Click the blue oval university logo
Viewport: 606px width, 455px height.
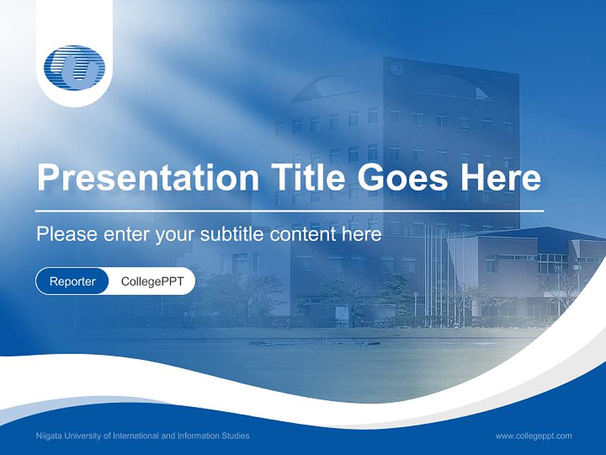(x=74, y=68)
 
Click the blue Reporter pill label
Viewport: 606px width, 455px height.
(x=72, y=281)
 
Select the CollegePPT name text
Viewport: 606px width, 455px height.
(x=152, y=281)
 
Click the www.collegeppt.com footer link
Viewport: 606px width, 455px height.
(x=533, y=435)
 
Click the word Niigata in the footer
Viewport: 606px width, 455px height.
(x=48, y=435)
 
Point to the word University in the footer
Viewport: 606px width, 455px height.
(x=80, y=435)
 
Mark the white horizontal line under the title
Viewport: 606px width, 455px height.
(x=289, y=210)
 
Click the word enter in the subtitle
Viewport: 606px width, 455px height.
(x=124, y=234)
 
